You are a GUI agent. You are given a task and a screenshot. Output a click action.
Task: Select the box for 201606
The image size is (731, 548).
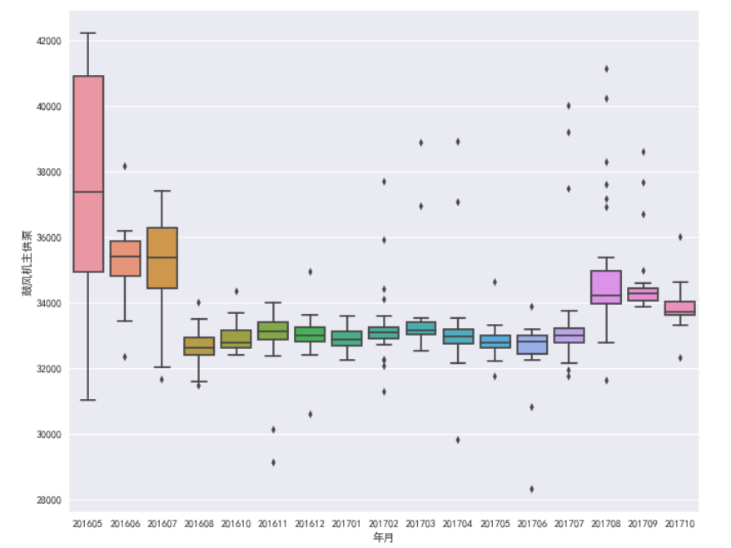click(125, 258)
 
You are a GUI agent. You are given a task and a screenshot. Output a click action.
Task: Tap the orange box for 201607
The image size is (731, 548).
click(162, 257)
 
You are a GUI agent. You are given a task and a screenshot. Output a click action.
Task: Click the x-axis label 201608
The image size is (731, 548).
click(199, 524)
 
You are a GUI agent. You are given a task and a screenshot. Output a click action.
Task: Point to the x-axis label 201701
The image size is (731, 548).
click(347, 524)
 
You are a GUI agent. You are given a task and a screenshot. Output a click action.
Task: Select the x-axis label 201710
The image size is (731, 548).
click(680, 524)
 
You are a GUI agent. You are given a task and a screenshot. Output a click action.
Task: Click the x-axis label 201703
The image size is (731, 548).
click(421, 524)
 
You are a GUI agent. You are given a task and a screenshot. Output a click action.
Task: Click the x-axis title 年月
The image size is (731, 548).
click(384, 539)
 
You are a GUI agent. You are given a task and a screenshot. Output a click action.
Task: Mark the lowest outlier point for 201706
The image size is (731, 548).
click(532, 489)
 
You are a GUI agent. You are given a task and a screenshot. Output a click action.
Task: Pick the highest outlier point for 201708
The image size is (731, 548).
click(606, 69)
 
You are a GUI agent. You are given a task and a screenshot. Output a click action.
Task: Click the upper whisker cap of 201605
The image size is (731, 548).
click(88, 33)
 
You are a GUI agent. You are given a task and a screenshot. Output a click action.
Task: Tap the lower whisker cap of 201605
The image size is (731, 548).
click(88, 400)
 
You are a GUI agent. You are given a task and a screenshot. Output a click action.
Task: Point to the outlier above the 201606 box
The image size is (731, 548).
click(125, 166)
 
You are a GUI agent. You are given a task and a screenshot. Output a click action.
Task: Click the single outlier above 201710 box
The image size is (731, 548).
click(680, 237)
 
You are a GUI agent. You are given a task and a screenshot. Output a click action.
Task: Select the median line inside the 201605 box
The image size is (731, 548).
click(88, 192)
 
